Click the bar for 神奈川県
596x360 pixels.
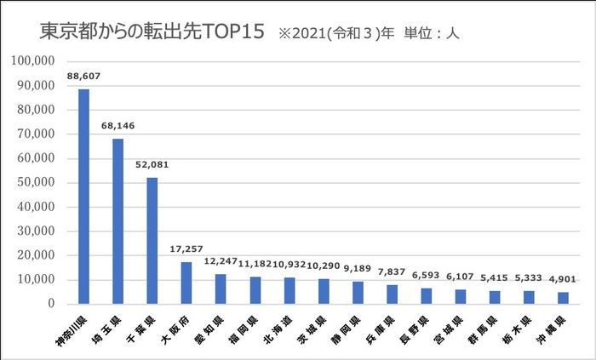pyautogui.click(x=83, y=197)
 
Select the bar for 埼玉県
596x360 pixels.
pyautogui.click(x=117, y=221)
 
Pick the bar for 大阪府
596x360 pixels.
pyautogui.click(x=186, y=283)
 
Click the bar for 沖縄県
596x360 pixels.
pyautogui.click(x=563, y=298)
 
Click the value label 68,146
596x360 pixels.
pyautogui.click(x=117, y=126)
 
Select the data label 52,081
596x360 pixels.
pyautogui.click(x=152, y=164)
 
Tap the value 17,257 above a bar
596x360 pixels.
pyautogui.click(x=186, y=249)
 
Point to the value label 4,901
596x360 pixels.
pyautogui.click(x=563, y=279)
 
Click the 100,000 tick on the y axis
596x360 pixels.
pyautogui.click(x=35, y=61)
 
